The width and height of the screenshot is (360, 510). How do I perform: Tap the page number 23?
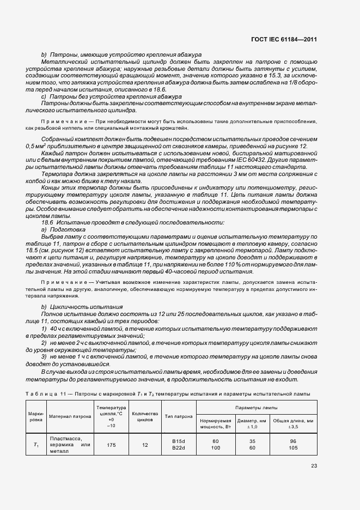click(314, 465)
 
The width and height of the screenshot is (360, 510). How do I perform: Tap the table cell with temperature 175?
click(111, 445)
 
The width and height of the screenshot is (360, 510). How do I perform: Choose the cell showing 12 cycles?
click(145, 445)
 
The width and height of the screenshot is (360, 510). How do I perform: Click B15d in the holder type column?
click(179, 441)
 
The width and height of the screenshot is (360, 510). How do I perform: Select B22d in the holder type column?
click(179, 448)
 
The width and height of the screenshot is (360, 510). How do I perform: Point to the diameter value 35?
click(252, 441)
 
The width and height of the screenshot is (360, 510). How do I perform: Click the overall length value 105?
click(293, 448)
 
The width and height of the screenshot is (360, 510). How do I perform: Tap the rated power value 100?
click(215, 448)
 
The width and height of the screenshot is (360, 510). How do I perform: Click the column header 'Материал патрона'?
click(70, 416)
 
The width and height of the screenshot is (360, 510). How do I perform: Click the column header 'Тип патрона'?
click(179, 416)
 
